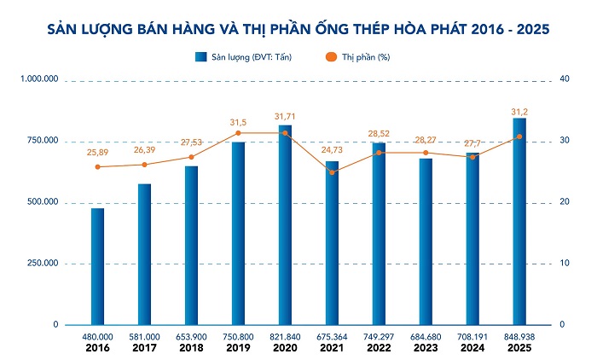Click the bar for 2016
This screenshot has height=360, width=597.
point(97,266)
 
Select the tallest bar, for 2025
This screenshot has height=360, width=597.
point(519,222)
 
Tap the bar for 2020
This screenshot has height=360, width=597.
point(285,225)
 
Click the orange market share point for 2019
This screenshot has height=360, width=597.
point(238,133)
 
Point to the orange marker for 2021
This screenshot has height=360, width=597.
point(332,172)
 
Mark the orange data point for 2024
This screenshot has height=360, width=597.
point(472,157)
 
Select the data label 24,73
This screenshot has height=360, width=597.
point(333,150)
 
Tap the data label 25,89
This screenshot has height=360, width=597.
point(98,152)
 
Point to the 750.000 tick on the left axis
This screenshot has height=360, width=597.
point(39,141)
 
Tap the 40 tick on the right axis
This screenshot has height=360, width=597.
point(564,79)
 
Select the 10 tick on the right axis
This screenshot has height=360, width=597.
point(563,264)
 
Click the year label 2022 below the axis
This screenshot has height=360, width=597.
point(379,349)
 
